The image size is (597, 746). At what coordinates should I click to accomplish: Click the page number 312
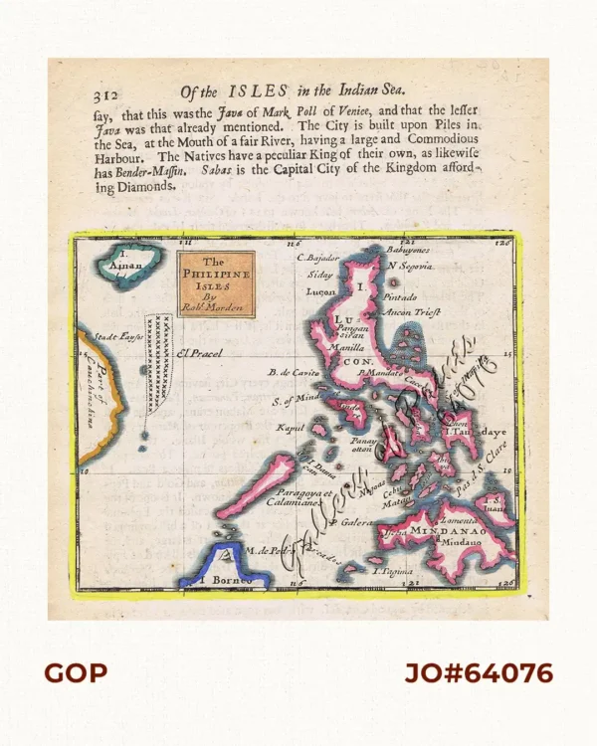tap(104, 96)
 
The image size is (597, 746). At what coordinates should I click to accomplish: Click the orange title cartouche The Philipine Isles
tap(215, 283)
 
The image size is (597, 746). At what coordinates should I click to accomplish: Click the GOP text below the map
tap(75, 673)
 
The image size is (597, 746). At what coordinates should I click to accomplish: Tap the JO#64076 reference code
tap(478, 673)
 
